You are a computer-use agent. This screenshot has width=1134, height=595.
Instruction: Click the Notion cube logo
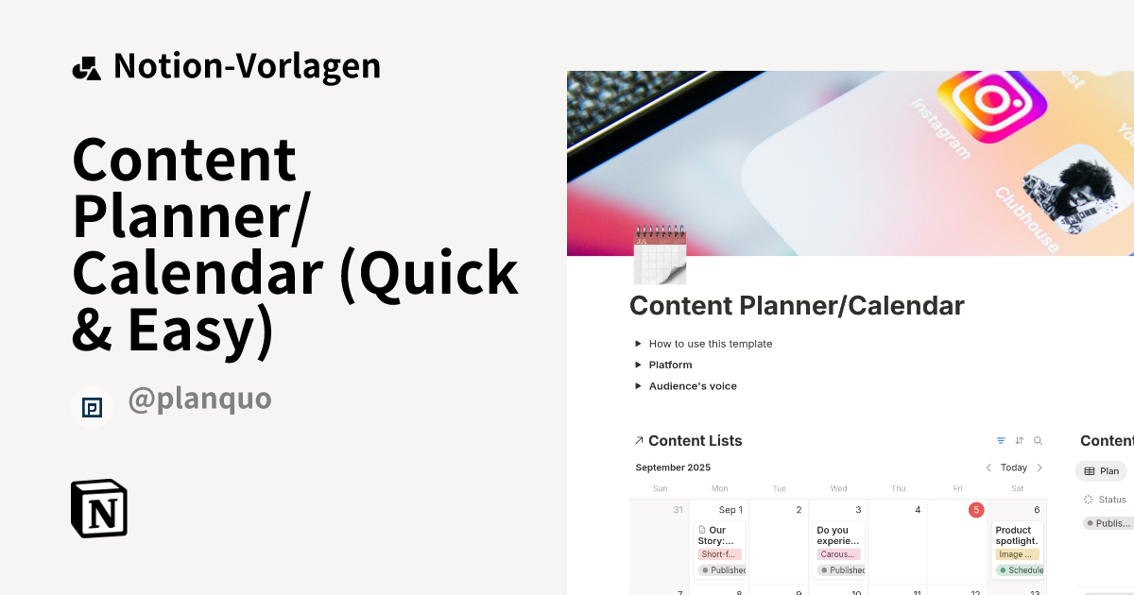(x=99, y=508)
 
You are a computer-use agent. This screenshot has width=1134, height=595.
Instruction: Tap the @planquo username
(x=199, y=399)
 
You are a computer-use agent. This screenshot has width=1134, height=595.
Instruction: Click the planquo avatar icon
(x=92, y=407)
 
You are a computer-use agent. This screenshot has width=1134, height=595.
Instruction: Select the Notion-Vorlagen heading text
(x=247, y=66)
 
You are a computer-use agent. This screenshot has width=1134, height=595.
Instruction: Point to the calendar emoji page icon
(x=660, y=255)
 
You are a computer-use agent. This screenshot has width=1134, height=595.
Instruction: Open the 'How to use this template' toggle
(x=710, y=344)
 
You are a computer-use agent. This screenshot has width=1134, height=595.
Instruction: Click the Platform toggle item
(x=670, y=365)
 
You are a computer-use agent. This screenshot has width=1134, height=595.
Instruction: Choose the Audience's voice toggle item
(x=692, y=386)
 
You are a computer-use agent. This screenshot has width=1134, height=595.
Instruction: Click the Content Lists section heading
(x=695, y=441)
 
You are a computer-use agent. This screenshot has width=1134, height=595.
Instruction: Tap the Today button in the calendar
(x=1014, y=467)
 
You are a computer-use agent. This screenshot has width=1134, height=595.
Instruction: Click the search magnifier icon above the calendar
(x=1038, y=441)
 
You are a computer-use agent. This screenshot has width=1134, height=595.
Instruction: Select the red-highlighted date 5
(x=975, y=510)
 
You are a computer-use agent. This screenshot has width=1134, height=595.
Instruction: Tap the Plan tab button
(x=1101, y=470)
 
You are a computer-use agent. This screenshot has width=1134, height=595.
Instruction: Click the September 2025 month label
(x=673, y=467)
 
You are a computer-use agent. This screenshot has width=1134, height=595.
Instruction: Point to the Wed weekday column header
(x=838, y=488)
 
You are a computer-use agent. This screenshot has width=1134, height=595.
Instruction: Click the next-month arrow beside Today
(x=1039, y=467)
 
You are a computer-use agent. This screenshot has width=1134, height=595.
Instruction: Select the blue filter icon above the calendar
(x=1001, y=441)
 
